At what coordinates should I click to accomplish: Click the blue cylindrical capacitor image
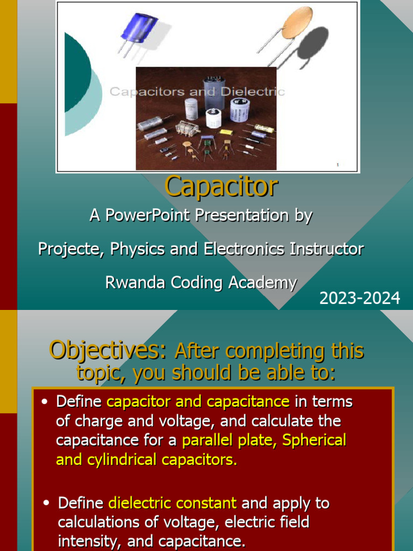pos(138,29)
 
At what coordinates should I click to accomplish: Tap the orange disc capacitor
pos(296,23)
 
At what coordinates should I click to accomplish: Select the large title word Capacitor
pos(221,186)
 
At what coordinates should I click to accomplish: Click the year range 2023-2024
pos(360,298)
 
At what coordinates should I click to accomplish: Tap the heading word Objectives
pos(106,351)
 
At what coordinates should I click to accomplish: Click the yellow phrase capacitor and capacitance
pos(198,401)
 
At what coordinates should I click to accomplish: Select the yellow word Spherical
pos(314,440)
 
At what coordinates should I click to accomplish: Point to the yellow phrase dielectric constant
pos(172,503)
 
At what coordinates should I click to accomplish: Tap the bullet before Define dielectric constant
pos(47,504)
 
